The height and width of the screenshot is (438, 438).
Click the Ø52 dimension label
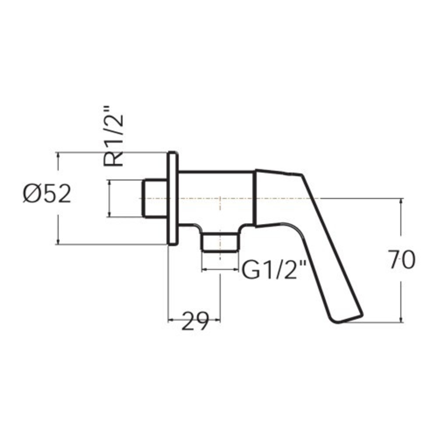[47, 194]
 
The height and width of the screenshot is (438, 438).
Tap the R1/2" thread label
[113, 137]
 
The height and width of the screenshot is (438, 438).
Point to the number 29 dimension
[195, 321]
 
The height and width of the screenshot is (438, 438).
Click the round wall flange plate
[173, 198]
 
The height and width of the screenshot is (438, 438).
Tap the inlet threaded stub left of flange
[155, 198]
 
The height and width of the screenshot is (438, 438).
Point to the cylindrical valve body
[216, 198]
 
